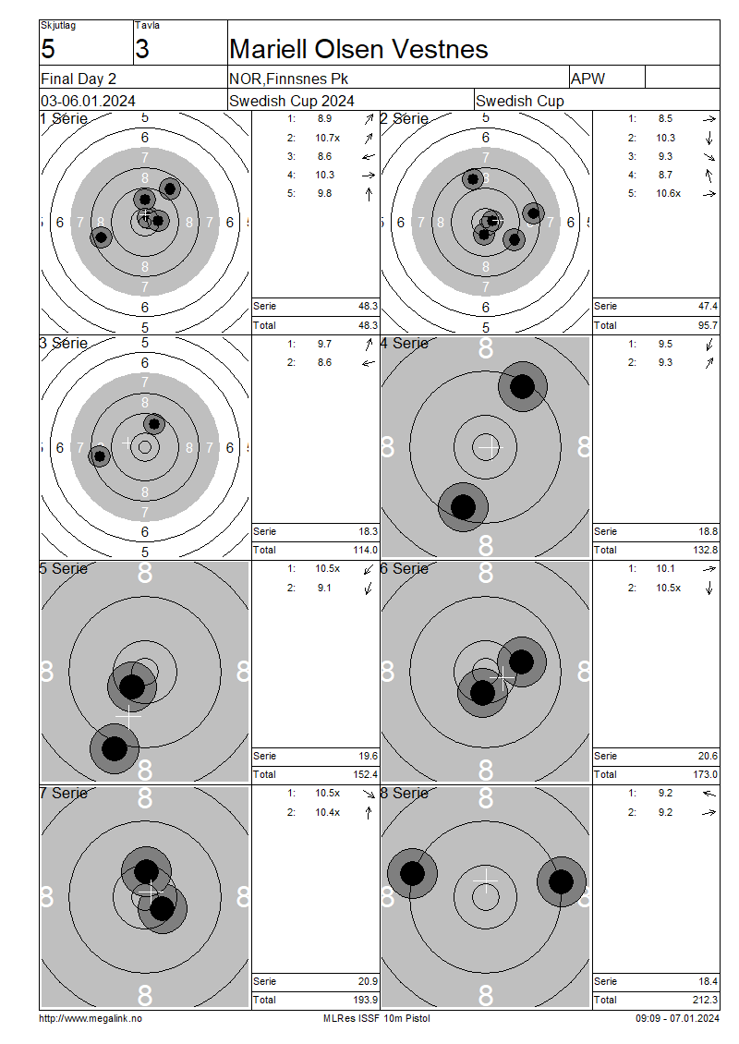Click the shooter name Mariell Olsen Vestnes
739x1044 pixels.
coord(358,49)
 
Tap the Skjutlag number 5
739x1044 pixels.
coord(48,49)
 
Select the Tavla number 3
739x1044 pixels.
coord(142,49)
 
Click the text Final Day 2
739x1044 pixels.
coord(79,79)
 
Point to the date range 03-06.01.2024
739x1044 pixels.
coord(88,101)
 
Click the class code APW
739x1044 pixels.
coord(588,79)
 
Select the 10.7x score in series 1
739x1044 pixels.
coord(328,138)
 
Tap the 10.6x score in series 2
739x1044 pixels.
coord(669,193)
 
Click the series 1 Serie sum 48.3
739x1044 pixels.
coord(369,307)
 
